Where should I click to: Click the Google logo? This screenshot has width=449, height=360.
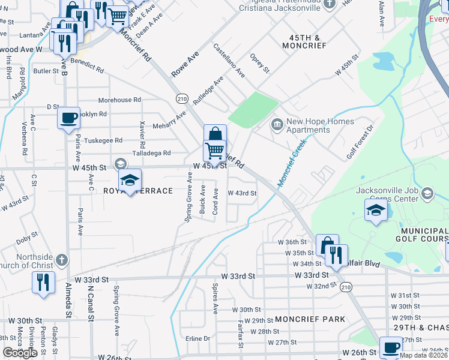[20, 353]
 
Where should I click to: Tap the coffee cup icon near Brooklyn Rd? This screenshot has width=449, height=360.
[68, 117]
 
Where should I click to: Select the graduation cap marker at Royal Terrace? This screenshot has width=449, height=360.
[129, 181]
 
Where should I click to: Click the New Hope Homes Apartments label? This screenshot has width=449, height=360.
[308, 125]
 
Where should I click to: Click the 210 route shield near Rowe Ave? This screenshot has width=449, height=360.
[182, 98]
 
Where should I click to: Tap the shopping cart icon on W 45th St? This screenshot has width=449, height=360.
[214, 149]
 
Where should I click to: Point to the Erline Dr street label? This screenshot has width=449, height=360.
[197, 338]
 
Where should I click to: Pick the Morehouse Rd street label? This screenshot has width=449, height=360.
[119, 100]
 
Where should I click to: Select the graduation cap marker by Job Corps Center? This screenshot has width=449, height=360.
[376, 210]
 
